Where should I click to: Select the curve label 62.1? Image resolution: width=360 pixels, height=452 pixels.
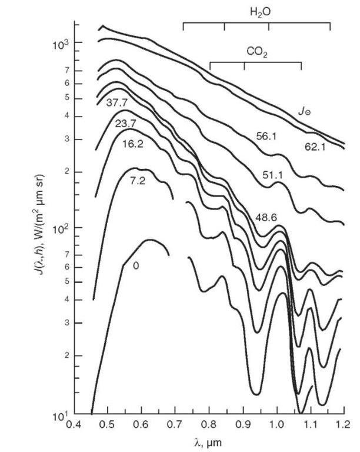coord(315,145)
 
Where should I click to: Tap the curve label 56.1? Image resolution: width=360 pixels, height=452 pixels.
coord(266,135)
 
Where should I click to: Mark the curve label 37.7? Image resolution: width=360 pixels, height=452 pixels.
coord(116,102)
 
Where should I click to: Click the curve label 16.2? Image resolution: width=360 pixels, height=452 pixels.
coord(134,144)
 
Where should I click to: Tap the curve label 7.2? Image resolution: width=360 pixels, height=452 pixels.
coord(137,180)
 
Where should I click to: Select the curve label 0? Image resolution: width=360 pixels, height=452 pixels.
coord(135,265)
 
